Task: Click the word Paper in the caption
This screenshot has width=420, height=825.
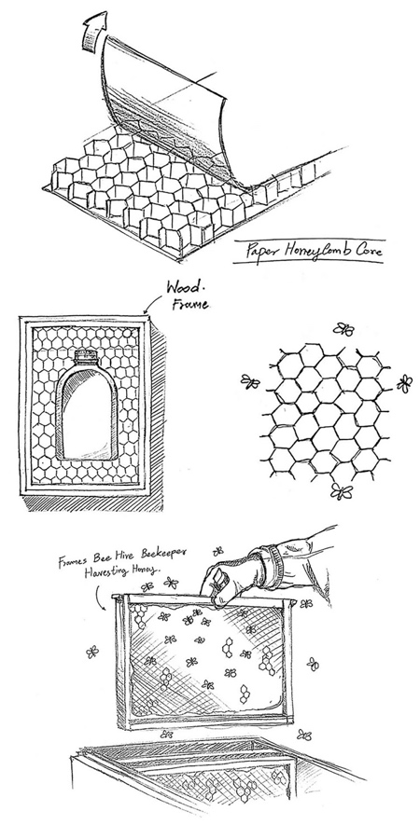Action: click(260, 253)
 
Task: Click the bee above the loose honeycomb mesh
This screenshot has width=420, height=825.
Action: click(343, 328)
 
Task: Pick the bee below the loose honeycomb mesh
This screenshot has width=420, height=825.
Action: click(338, 490)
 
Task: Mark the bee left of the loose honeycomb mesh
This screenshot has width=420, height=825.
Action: click(249, 380)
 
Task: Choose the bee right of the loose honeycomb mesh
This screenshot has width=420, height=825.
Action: click(404, 382)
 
